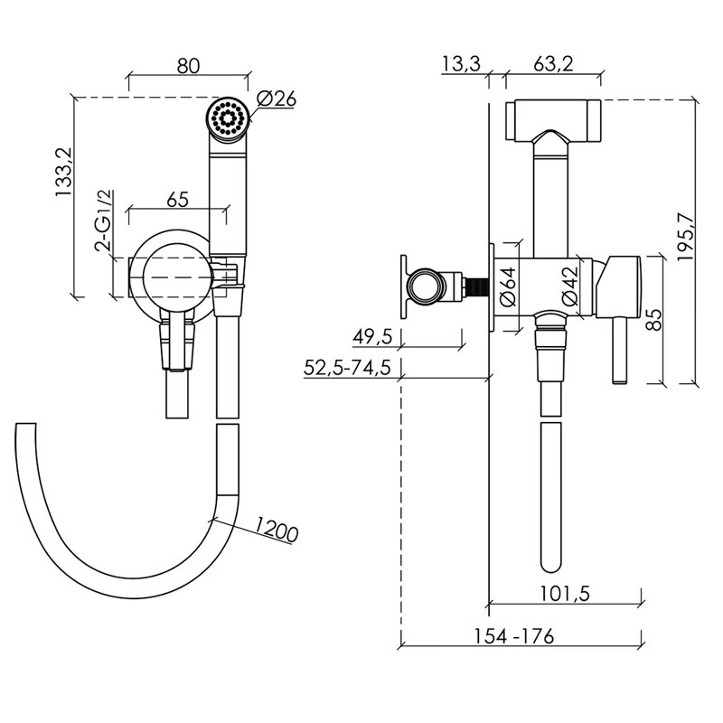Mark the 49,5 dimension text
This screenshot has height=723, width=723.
coord(372,337)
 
